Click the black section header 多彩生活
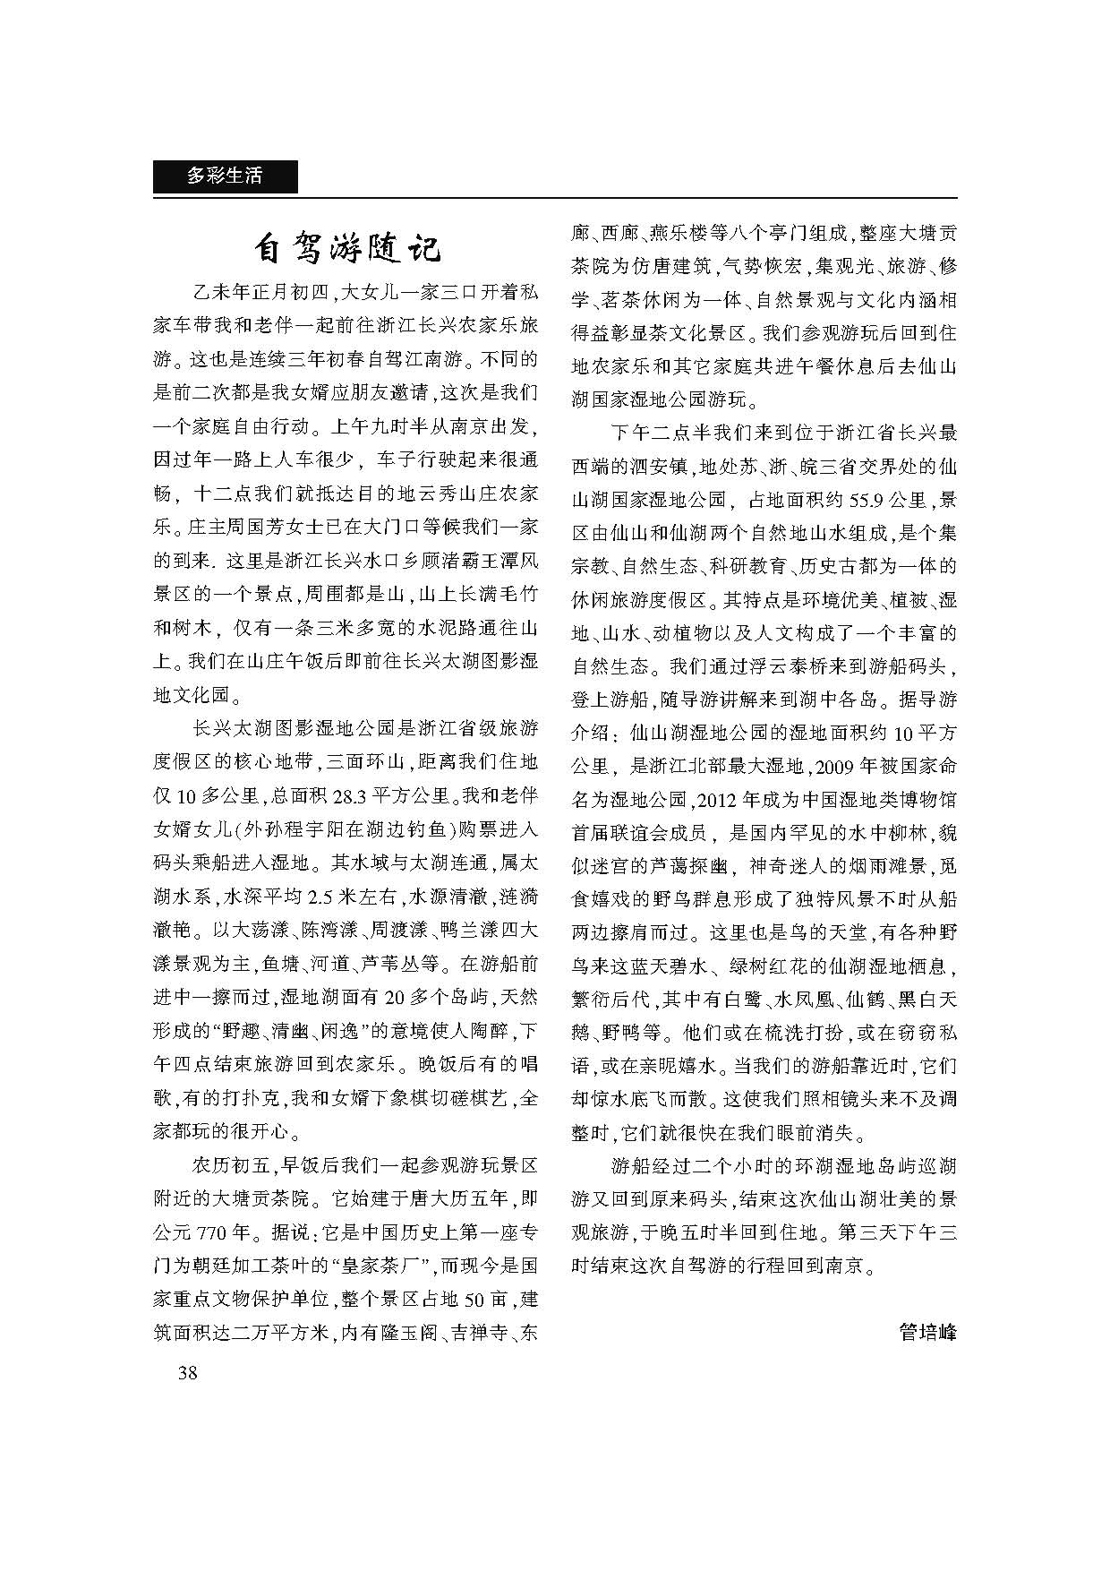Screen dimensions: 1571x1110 [225, 176]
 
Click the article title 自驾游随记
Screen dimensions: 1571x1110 [346, 248]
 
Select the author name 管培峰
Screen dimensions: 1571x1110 [927, 1332]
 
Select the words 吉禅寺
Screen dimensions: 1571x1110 [478, 1333]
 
